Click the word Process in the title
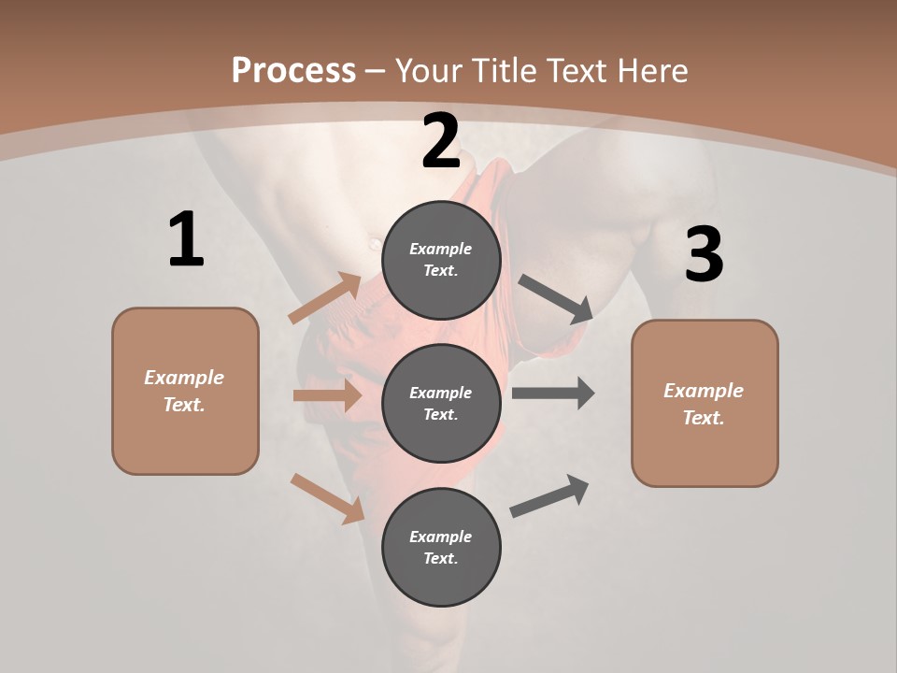293,71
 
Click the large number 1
186,240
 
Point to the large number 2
441,142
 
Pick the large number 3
704,255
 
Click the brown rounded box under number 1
185,391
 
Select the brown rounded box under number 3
705,404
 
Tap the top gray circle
441,260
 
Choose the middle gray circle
441,403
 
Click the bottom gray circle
441,547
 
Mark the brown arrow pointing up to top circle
325,298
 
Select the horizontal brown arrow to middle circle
327,395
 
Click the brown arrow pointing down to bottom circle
327,497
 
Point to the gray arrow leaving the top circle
556,299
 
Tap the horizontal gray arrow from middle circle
553,394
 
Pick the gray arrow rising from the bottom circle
549,495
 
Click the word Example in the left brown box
184,378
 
